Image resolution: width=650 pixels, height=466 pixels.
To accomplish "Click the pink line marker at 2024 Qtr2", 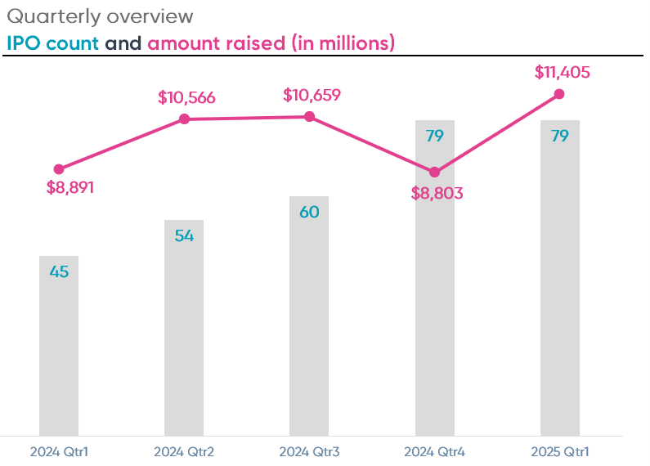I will coord(184,119).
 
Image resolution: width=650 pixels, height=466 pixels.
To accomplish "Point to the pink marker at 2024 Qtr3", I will coord(309,116).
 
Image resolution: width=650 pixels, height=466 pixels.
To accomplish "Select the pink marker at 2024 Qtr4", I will coord(434,173).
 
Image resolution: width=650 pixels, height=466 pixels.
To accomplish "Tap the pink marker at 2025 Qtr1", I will coord(559,94).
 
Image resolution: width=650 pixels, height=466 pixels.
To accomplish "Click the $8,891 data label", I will coord(70,187).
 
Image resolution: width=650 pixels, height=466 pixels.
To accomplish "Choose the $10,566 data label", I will coord(186,98).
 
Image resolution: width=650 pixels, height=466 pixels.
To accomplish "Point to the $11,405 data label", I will coord(562,72).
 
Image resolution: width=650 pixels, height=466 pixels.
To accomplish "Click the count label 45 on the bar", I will coord(59,272).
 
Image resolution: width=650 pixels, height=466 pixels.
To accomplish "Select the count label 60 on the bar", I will coord(309,213).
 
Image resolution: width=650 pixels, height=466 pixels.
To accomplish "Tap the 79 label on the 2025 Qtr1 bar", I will coord(559,137).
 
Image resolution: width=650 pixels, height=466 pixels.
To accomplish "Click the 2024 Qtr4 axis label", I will coord(434,451).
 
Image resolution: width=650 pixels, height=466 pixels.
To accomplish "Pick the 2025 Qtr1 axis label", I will coord(559,451).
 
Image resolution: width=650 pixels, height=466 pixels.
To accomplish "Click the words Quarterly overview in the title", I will coord(100,16).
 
